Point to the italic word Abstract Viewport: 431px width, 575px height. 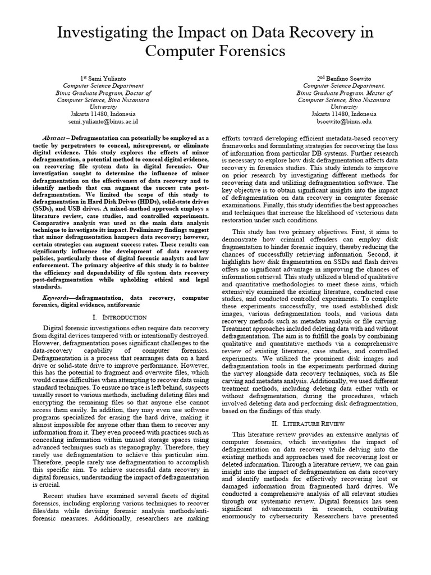tap(55, 138)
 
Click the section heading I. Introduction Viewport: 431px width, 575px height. tap(119, 318)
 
